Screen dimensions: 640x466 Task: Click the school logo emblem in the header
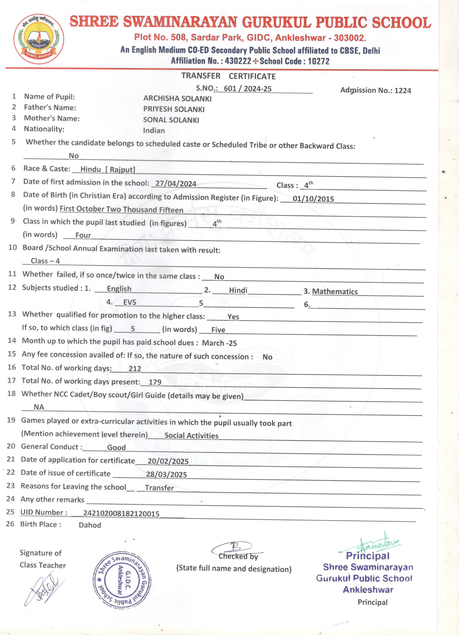(x=39, y=39)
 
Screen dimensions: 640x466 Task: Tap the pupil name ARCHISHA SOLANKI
(x=177, y=99)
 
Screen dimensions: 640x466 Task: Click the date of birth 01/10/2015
(x=313, y=199)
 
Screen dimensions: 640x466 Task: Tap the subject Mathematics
(x=335, y=291)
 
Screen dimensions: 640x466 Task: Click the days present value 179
(x=155, y=382)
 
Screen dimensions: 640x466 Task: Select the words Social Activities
(x=191, y=435)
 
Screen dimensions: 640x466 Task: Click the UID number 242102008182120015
(x=121, y=514)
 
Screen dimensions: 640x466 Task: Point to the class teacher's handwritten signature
(x=44, y=587)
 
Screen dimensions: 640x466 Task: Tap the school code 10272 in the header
(x=319, y=61)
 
